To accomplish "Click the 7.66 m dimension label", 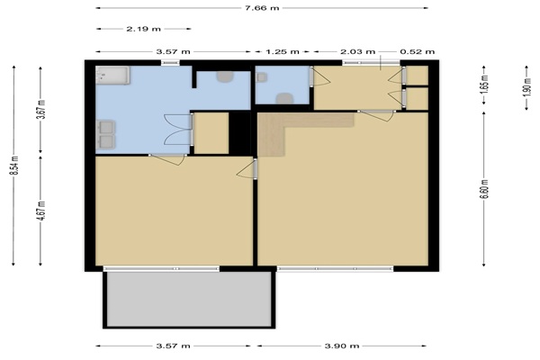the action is [x=262, y=8].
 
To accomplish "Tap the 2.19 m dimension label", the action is [x=143, y=29].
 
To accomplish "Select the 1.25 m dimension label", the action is [x=282, y=51].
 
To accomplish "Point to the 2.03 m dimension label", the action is [x=358, y=51].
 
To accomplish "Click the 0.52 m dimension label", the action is [x=418, y=51].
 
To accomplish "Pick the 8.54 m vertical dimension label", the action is [x=14, y=166].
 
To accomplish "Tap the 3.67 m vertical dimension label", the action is [x=41, y=109].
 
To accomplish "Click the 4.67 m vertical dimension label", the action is [x=41, y=211].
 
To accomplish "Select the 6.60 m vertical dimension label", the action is [x=484, y=189].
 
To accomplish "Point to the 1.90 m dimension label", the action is [x=526, y=87].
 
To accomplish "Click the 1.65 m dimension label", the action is [x=484, y=85].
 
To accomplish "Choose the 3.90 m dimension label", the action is [x=342, y=346].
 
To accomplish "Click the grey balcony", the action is [x=189, y=300].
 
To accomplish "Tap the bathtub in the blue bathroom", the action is [x=112, y=76].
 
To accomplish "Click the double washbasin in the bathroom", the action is [x=105, y=134].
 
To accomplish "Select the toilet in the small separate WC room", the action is [x=284, y=98].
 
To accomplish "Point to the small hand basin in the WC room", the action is [x=262, y=77].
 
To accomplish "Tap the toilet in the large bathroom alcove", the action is [x=224, y=76].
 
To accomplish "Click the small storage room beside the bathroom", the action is [x=211, y=133].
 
